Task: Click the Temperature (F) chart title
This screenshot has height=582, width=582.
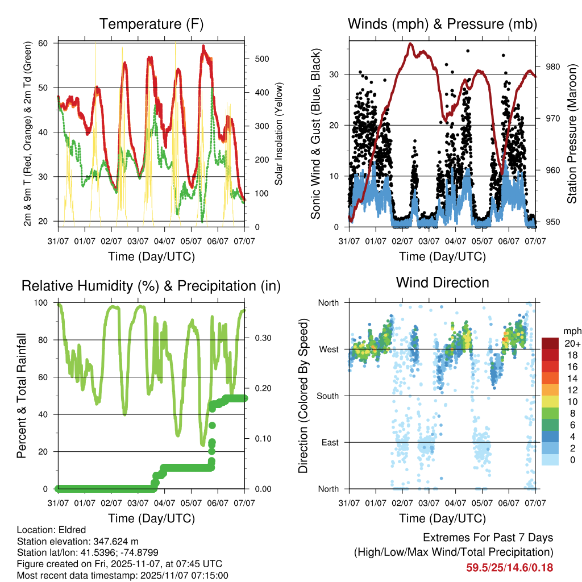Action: (151, 24)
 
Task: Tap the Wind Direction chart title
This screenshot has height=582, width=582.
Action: (442, 282)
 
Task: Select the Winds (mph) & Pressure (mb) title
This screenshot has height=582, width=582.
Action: (442, 24)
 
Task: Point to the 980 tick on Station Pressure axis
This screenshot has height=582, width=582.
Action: (554, 66)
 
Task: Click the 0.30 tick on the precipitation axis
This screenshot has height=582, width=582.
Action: (262, 339)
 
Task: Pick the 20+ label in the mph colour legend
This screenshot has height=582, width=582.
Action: (571, 344)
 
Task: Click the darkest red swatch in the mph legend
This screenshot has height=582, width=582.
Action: (550, 343)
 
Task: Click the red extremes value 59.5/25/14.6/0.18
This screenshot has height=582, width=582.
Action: (510, 567)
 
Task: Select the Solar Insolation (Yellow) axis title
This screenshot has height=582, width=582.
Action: (278, 134)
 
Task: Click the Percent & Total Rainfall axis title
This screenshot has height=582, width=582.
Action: (21, 396)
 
